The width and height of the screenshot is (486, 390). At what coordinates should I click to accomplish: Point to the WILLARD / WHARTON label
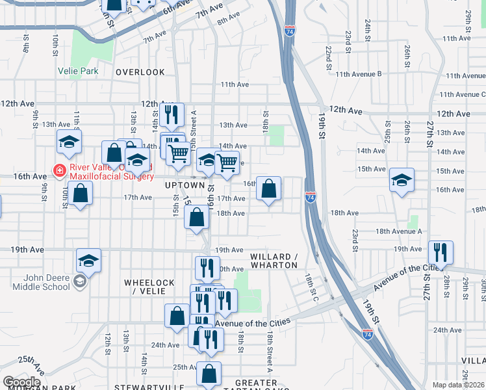click(274, 261)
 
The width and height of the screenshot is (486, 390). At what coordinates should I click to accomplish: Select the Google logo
click(21, 382)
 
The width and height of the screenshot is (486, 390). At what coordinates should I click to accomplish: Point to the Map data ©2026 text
click(457, 385)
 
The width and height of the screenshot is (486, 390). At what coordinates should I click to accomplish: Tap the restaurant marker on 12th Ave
click(172, 115)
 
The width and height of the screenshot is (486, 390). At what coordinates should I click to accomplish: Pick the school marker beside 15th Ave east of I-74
click(402, 180)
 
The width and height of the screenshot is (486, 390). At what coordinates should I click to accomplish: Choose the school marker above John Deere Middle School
click(88, 260)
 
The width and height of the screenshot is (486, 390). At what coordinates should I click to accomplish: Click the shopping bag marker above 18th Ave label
click(268, 188)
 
